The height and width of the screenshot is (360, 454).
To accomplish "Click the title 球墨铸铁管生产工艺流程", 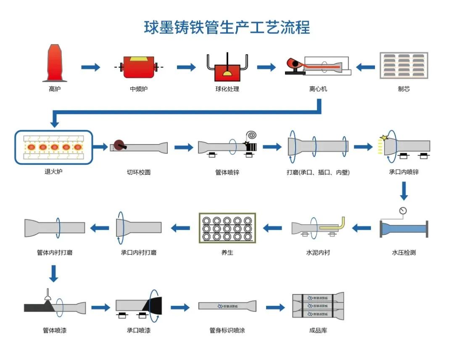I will click(x=227, y=27).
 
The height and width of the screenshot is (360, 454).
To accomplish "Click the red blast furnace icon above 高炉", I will click(x=55, y=63).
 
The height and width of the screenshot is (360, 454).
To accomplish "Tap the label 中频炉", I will click(x=139, y=89).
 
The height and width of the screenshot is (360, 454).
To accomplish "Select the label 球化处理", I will click(x=227, y=89).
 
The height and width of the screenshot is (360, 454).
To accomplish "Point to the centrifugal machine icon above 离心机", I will click(x=318, y=66).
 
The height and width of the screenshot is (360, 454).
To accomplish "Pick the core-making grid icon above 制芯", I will click(x=404, y=65).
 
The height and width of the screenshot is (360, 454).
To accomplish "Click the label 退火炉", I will click(x=53, y=171).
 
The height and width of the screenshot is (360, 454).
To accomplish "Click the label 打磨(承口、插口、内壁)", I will click(x=318, y=172).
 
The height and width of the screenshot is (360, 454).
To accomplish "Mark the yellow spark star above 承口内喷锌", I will click(x=383, y=138).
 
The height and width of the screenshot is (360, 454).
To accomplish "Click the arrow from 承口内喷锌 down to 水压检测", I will click(x=404, y=192).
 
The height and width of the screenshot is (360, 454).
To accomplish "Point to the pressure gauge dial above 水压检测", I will click(x=404, y=210).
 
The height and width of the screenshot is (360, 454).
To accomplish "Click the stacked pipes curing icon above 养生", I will click(x=227, y=228).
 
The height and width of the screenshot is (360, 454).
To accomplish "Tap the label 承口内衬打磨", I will click(x=139, y=253).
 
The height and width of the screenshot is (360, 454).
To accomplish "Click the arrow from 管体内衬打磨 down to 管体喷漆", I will click(x=53, y=273).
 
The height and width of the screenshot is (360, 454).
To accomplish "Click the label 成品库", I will click(x=318, y=331).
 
